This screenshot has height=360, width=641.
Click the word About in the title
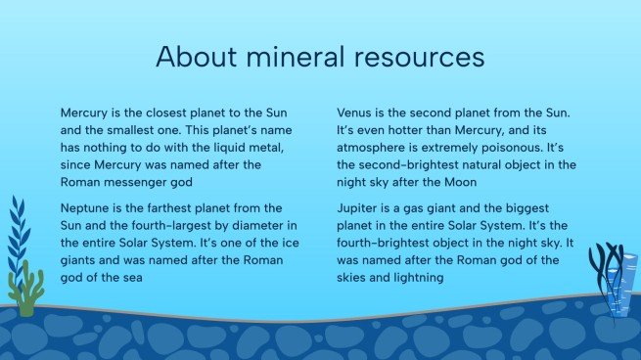click(192, 57)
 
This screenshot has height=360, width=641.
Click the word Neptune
click(87, 208)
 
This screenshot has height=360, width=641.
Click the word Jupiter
click(359, 208)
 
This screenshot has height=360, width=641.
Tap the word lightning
click(412, 278)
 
